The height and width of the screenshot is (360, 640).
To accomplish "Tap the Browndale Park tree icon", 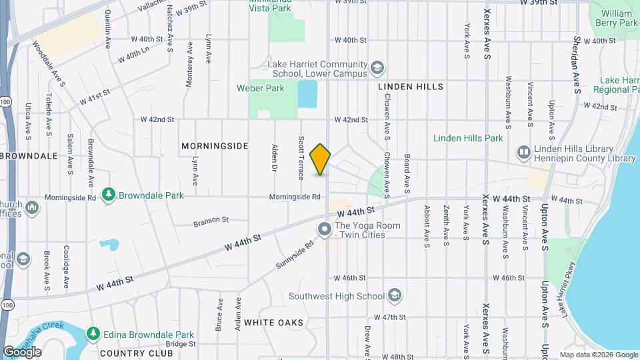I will pyautogui.click(x=108, y=195).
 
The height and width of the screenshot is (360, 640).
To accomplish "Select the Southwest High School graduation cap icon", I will pyautogui.click(x=395, y=296).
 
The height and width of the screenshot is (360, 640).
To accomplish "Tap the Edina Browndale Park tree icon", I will pyautogui.click(x=93, y=334).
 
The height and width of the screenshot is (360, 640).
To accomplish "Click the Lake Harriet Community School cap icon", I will pyautogui.click(x=377, y=68).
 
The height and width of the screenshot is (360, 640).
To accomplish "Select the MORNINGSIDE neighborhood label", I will pyautogui.click(x=215, y=145).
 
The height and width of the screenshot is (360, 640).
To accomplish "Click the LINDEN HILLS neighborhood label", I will pyautogui.click(x=410, y=87).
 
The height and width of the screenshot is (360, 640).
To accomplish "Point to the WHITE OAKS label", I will pyautogui.click(x=273, y=323).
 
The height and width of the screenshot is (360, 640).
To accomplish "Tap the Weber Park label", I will pyautogui.click(x=260, y=88).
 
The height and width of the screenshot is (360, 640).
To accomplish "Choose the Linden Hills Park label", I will pyautogui.click(x=467, y=138).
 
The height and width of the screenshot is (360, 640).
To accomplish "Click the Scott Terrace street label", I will pyautogui.click(x=301, y=158).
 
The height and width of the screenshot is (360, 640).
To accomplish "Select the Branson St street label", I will pyautogui.click(x=211, y=219).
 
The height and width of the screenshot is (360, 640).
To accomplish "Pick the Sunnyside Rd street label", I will pyautogui.click(x=295, y=256).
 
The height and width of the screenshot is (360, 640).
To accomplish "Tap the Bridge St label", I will pyautogui.click(x=180, y=344).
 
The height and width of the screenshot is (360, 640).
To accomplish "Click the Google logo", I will pyautogui.click(x=22, y=352).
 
